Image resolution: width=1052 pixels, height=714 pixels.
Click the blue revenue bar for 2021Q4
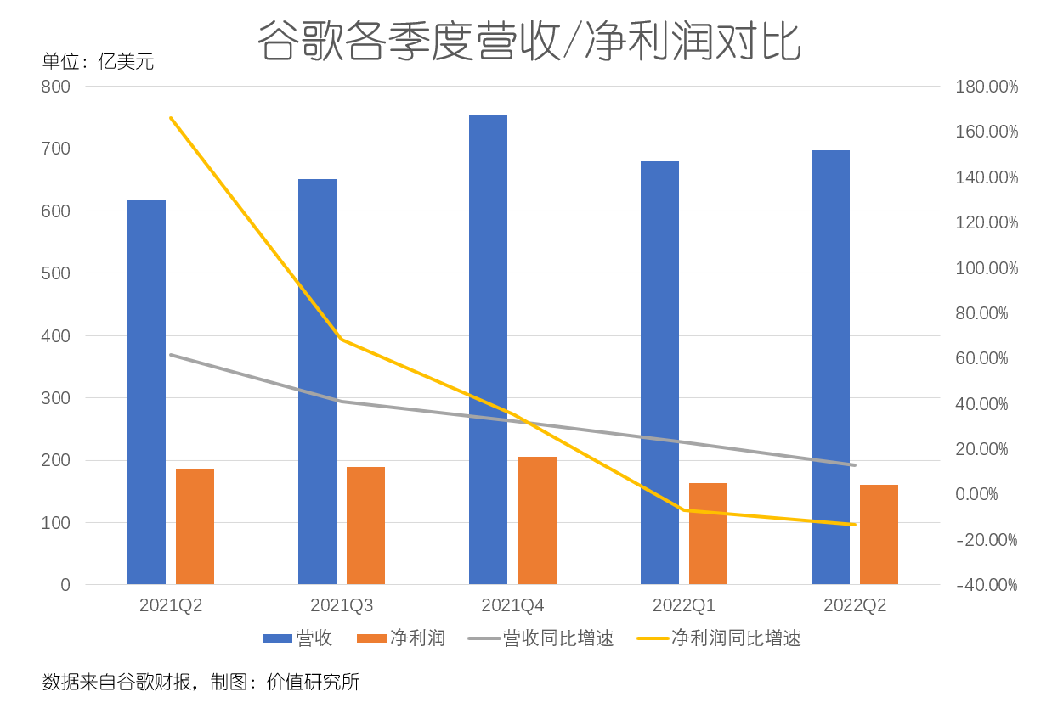click(488, 350)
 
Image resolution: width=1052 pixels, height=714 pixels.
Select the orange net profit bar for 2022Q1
click(708, 533)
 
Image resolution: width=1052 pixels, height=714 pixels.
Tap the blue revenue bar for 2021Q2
click(146, 391)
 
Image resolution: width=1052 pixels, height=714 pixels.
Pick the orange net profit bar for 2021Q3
click(365, 526)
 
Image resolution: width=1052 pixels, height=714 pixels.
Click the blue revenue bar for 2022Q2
click(830, 367)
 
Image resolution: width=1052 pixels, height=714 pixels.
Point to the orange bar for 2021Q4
click(537, 520)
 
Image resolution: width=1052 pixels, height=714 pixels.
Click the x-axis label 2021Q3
click(342, 605)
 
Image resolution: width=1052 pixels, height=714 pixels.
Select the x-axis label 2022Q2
click(855, 605)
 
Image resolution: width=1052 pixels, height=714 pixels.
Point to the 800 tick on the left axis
click(55, 87)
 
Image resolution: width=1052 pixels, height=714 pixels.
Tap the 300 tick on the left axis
click(55, 398)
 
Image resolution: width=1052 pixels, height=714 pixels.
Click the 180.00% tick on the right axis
click(987, 87)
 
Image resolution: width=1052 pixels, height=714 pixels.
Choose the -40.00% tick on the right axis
click(987, 585)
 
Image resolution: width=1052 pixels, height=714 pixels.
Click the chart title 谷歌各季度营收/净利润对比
click(529, 41)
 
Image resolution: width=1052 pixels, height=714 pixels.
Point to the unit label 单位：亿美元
click(99, 61)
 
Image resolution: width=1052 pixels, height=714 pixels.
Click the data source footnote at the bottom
click(201, 682)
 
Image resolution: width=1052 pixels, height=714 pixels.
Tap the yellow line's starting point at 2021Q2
click(171, 118)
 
